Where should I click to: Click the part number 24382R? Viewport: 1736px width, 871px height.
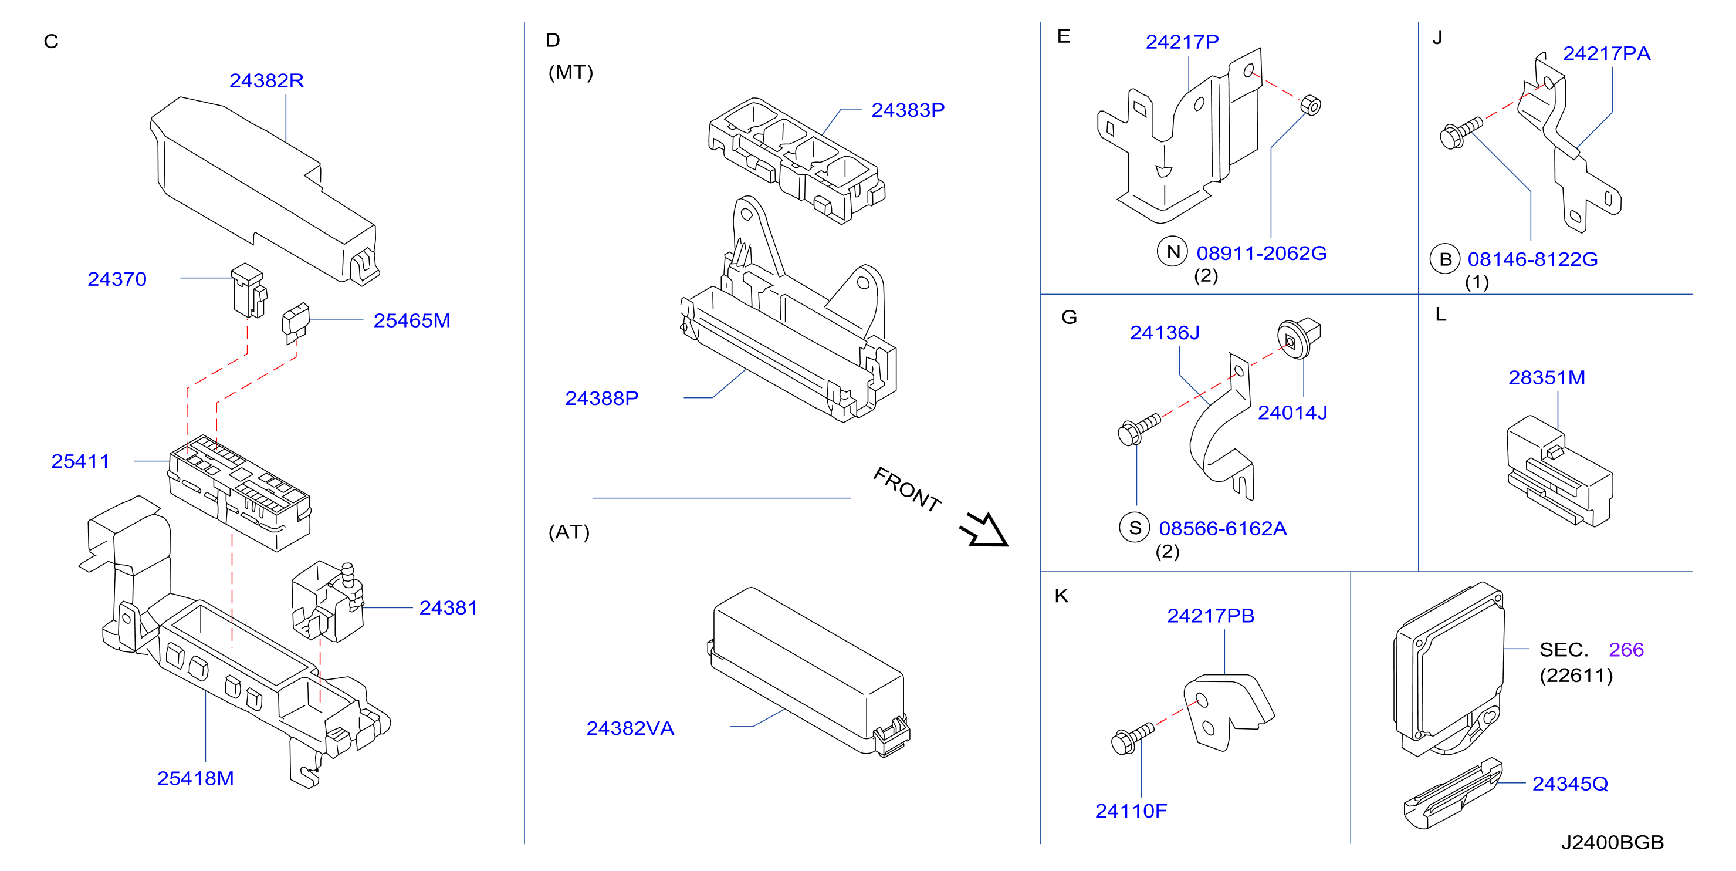point(266,81)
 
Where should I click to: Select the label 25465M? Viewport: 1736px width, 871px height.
point(412,321)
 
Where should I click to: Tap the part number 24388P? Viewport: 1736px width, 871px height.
point(602,399)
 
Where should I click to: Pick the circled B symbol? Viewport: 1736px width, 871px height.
point(1445,259)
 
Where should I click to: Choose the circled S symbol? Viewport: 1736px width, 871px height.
point(1135,527)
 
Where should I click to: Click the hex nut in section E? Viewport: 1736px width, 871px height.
point(1310,105)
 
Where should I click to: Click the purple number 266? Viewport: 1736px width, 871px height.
point(1626,650)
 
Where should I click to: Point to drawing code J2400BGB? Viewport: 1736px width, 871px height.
point(1613,842)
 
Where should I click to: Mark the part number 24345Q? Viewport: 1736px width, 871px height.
point(1570,784)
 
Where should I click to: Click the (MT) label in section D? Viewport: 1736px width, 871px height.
point(571,72)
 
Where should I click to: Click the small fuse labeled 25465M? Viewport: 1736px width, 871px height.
point(295,321)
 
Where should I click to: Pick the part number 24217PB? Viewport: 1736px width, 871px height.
point(1211,616)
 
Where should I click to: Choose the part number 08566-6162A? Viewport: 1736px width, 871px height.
point(1223,529)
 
